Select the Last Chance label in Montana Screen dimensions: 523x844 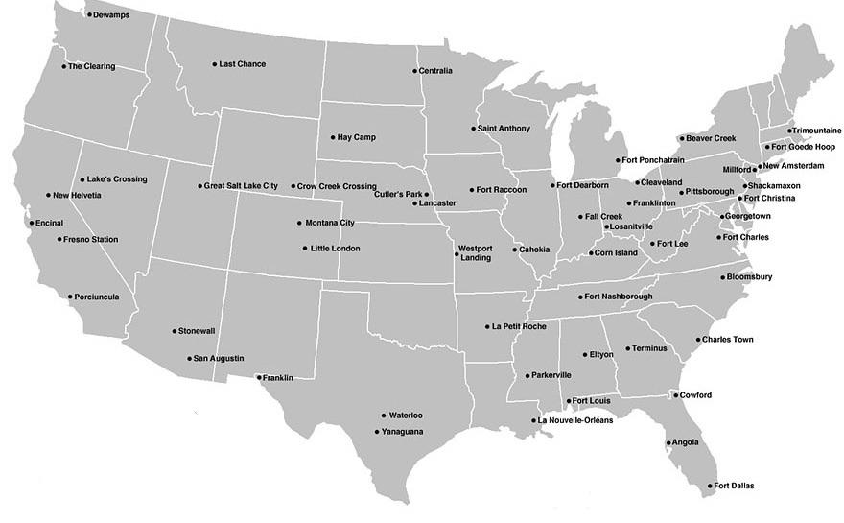242,64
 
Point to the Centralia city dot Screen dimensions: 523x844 415,71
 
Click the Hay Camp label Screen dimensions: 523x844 358,137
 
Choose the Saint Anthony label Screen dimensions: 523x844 503,129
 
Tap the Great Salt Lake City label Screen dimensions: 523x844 241,186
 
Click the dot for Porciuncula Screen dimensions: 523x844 70,297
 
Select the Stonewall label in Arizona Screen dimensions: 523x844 197,331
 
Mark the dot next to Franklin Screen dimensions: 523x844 258,378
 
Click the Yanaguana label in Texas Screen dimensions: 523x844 402,432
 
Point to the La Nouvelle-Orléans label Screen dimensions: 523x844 574,420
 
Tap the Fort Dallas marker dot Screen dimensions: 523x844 711,486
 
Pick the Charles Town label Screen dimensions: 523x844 727,340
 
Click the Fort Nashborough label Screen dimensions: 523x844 618,297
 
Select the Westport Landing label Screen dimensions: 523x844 475,253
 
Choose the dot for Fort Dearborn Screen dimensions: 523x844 553,185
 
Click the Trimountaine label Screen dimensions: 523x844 817,131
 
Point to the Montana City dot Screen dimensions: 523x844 298,223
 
